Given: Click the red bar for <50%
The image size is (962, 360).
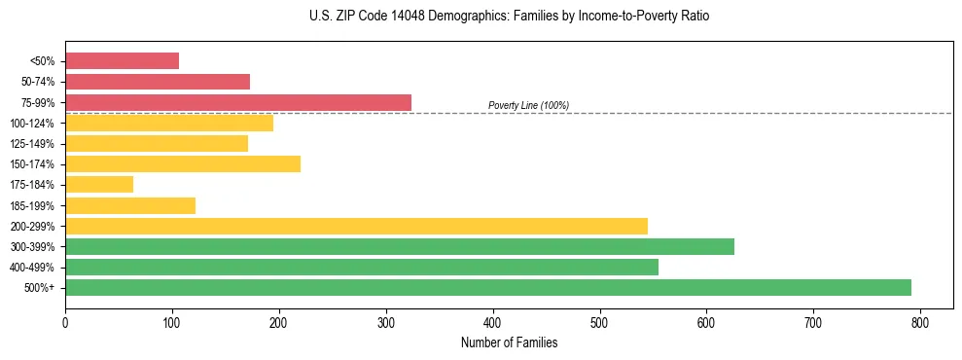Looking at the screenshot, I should [122, 61].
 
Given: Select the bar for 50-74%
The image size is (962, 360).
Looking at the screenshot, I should [158, 82].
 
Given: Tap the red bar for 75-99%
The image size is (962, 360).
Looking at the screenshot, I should [238, 102].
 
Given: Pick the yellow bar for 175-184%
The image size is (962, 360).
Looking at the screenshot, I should [99, 184].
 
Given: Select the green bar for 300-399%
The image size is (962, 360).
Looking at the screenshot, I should [400, 246].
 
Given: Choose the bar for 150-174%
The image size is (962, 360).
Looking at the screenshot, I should [183, 163].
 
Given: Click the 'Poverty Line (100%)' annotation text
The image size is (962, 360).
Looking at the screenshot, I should [528, 105].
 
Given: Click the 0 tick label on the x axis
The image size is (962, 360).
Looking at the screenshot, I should [65, 322].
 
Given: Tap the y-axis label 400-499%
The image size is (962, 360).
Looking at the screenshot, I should [32, 268].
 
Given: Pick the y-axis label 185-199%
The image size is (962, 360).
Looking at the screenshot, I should [32, 205].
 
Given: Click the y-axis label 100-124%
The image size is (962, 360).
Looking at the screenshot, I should [32, 124].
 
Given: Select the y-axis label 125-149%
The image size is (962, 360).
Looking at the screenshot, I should [32, 144].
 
